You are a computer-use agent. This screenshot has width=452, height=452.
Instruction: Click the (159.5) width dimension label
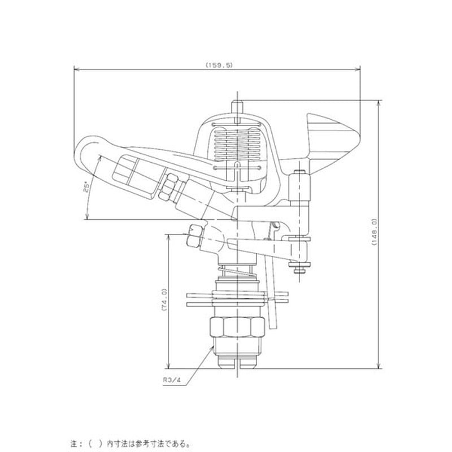tap(219, 65)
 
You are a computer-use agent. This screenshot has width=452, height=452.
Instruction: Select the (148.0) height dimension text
tap(374, 232)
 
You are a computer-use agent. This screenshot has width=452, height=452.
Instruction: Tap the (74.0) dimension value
tap(164, 299)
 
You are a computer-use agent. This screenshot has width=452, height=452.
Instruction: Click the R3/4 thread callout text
tap(172, 380)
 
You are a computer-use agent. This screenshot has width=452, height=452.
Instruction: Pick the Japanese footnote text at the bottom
tap(131, 443)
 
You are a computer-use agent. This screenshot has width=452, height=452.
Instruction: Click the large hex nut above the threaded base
tap(237, 327)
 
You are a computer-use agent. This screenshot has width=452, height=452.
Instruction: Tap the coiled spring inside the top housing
tap(237, 144)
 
